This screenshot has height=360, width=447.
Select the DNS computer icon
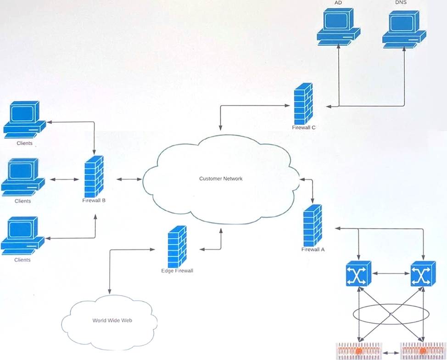pos(404,28)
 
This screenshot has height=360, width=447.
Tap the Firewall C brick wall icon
pos(303,104)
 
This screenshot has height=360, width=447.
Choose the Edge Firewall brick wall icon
pos(177,247)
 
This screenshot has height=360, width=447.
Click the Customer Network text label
pos(221,179)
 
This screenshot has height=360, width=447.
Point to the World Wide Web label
pos(112,321)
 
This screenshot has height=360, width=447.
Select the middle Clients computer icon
pos(23,177)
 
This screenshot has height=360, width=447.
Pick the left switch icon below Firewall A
pos(358,274)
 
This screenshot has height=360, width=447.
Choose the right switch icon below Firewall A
pos(423,274)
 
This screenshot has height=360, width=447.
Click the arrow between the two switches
pos(391,274)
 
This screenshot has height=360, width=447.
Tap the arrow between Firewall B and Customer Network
pos(129,179)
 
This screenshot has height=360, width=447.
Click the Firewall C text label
pos(303,128)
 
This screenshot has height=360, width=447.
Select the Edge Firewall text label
pos(177,271)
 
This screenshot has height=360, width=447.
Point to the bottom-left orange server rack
pos(359,350)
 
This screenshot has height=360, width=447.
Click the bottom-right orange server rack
pos(423,350)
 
